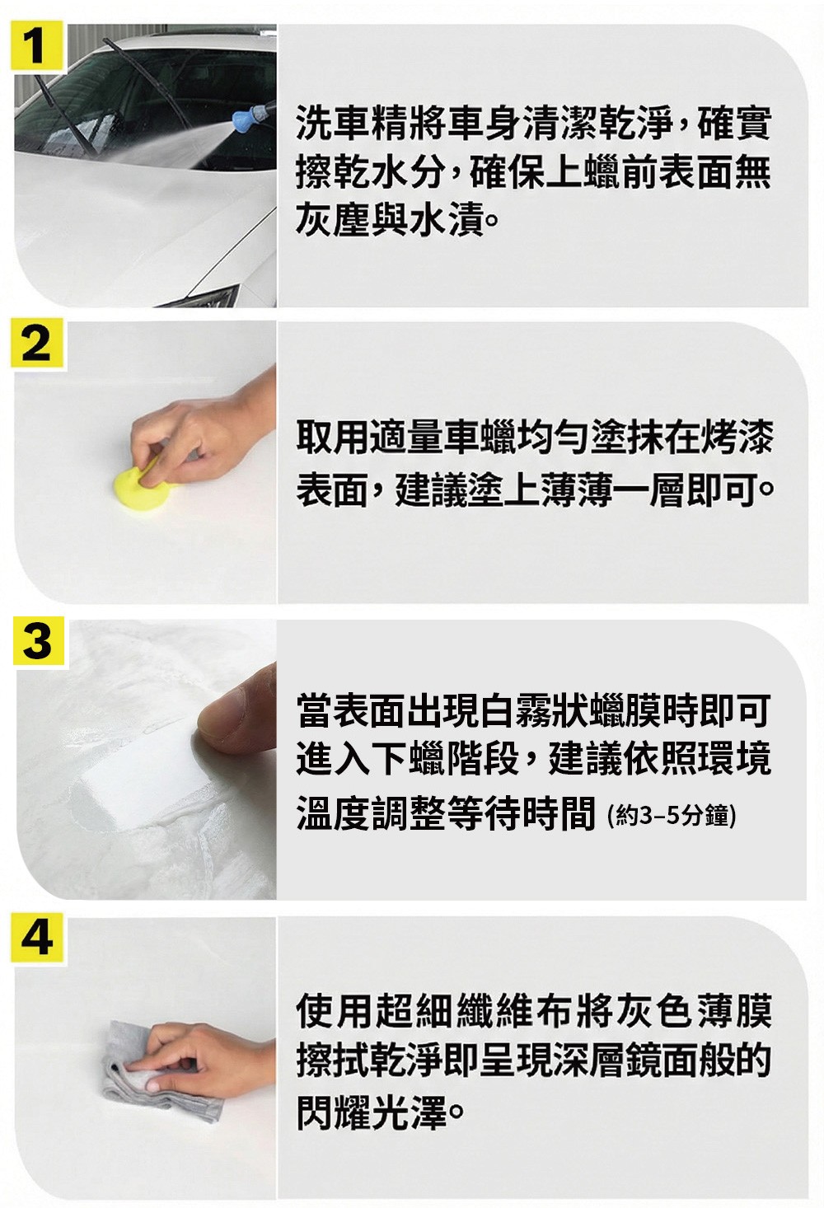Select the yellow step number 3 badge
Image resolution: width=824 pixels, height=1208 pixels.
click(38, 641)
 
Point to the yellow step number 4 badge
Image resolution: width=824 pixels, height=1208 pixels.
click(37, 939)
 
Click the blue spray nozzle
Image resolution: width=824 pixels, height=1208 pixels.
click(246, 115)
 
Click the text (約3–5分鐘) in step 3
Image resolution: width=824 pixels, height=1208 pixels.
click(672, 816)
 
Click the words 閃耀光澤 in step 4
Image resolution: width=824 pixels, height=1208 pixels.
click(372, 1112)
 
